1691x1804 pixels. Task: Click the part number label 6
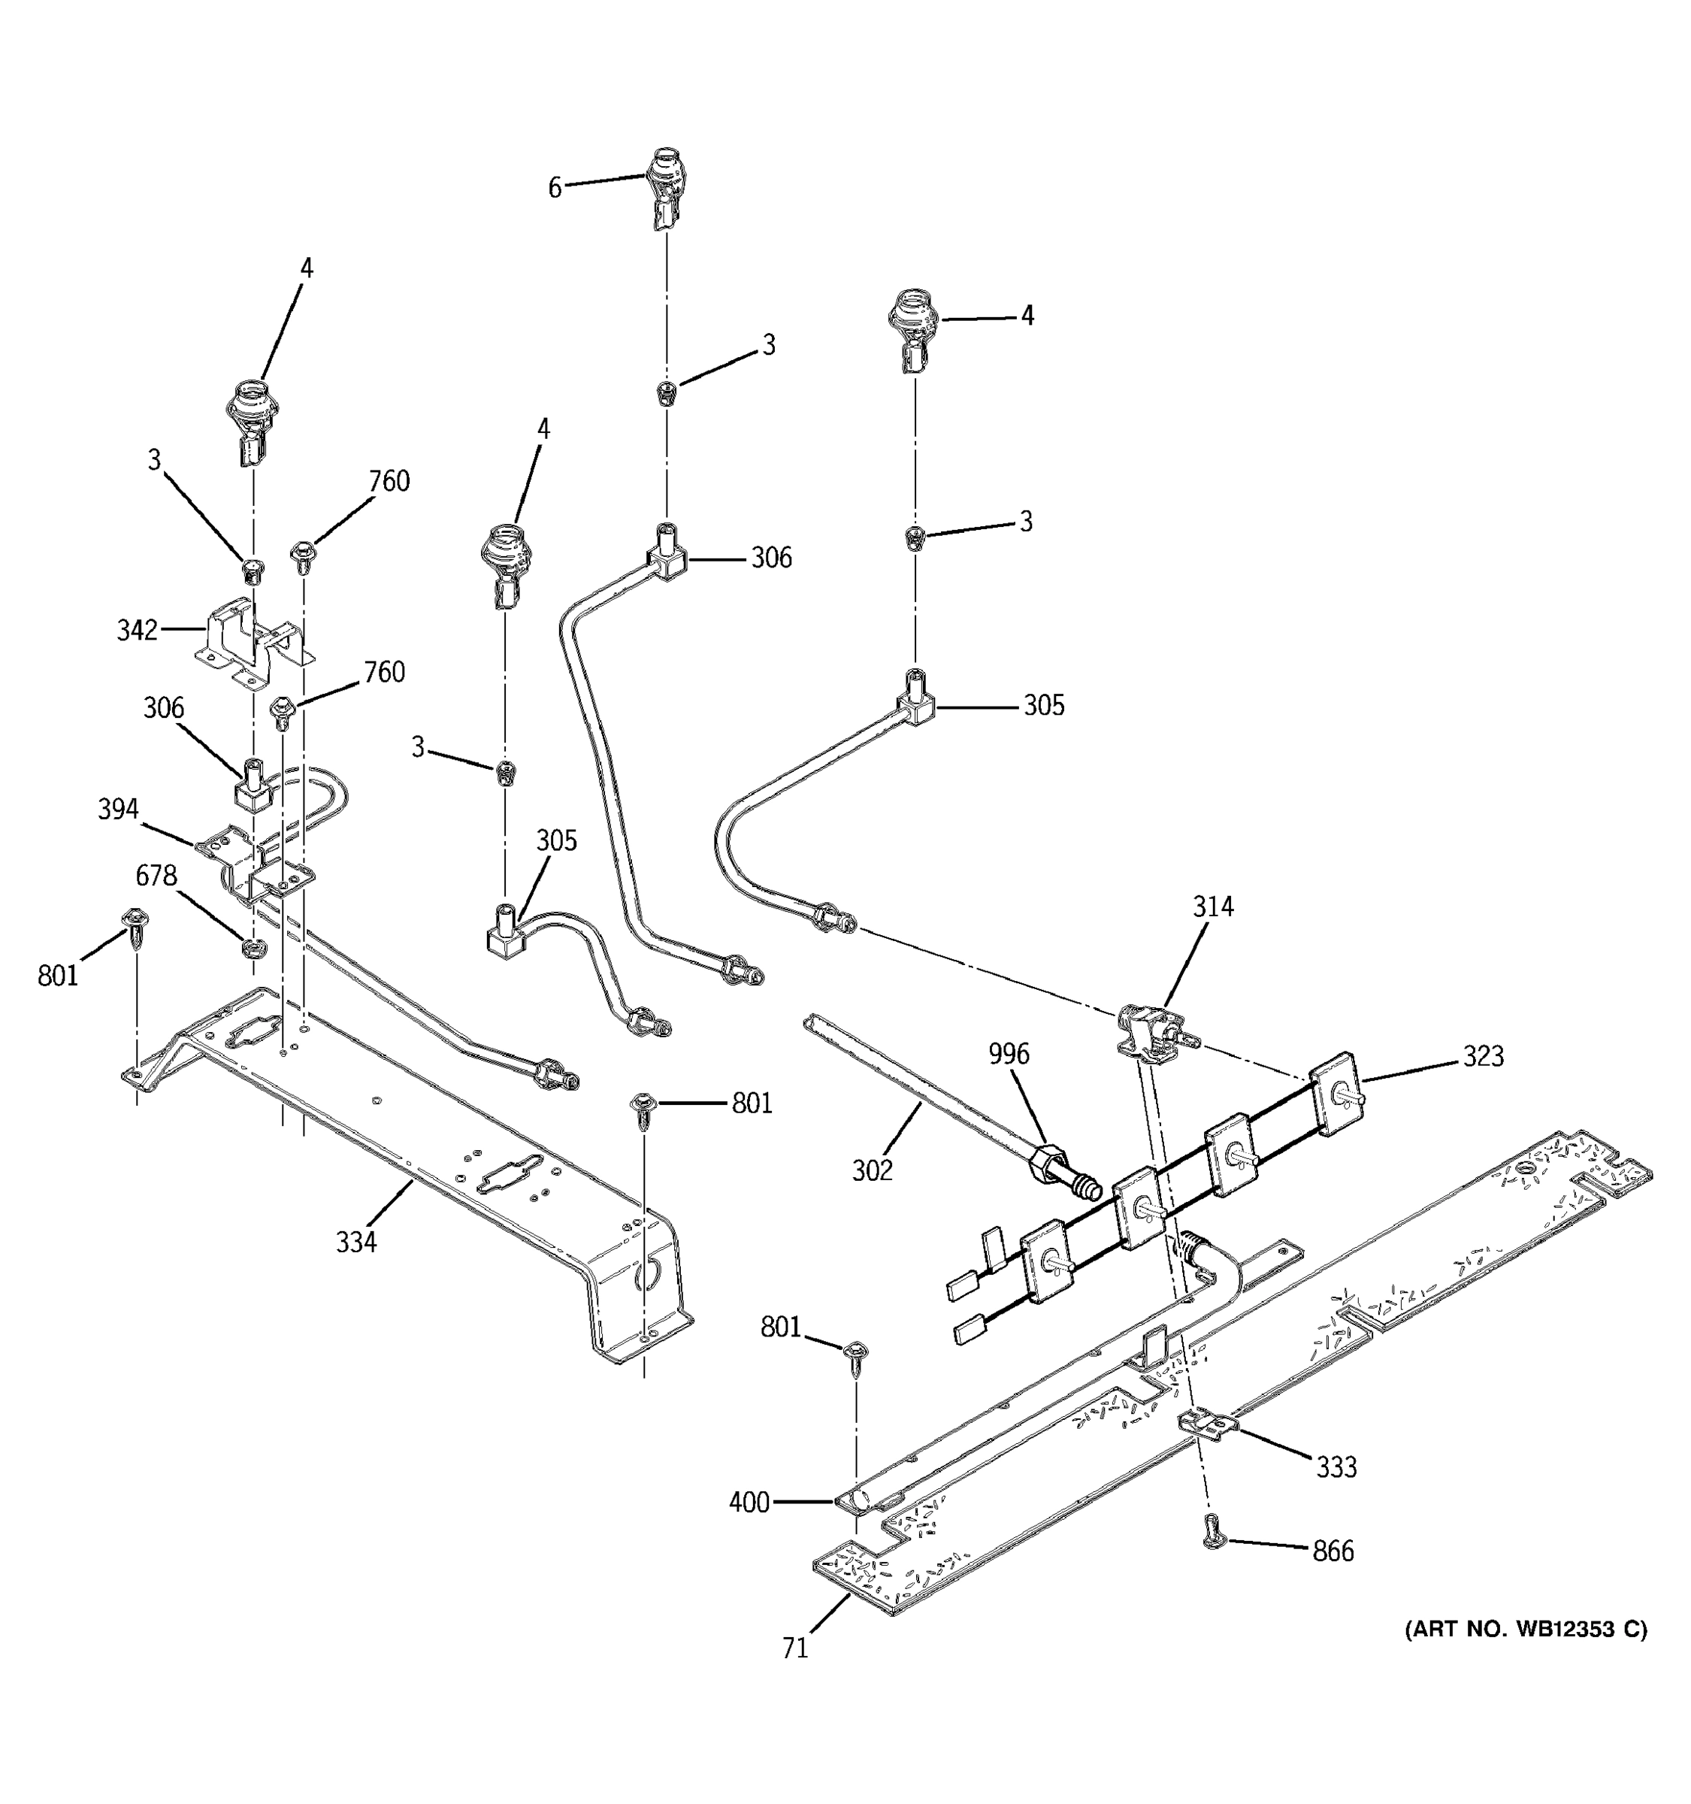(x=555, y=188)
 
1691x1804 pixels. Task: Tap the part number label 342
(x=137, y=630)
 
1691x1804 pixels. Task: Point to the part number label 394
(x=118, y=809)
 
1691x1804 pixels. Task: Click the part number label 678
(x=156, y=876)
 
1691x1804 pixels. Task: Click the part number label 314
(x=1213, y=907)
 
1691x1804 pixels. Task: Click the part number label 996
(x=1009, y=1054)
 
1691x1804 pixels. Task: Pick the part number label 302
(x=872, y=1170)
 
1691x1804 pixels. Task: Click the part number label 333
(x=1336, y=1467)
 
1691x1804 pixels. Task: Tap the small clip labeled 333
(x=1209, y=1424)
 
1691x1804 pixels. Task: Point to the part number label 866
(x=1333, y=1551)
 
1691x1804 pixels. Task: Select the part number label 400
(x=749, y=1503)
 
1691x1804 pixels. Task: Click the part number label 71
(x=794, y=1648)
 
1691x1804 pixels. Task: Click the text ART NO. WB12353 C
(x=1526, y=1629)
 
